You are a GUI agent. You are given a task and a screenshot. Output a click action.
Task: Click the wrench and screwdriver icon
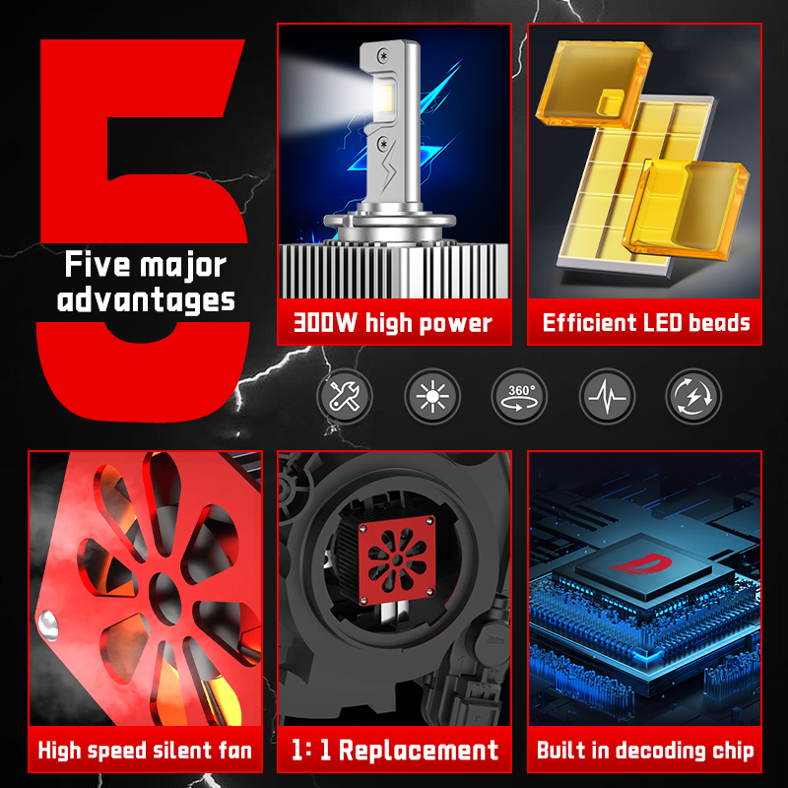(x=345, y=396)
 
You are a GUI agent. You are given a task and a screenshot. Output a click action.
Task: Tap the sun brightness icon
(x=432, y=396)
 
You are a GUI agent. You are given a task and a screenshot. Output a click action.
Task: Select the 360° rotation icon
(x=519, y=396)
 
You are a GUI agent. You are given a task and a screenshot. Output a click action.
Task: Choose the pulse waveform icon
(x=607, y=396)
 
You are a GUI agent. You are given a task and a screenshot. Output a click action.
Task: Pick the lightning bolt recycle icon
(x=693, y=396)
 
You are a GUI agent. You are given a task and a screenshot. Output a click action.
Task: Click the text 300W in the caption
(x=325, y=323)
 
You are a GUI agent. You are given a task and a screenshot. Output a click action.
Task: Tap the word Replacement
(x=419, y=751)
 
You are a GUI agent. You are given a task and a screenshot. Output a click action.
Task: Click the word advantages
(x=146, y=301)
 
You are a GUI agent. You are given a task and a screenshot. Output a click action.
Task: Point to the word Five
(x=98, y=265)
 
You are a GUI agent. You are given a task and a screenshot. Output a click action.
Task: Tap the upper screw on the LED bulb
(x=384, y=55)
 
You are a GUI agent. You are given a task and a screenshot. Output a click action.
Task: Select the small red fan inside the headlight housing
(x=397, y=558)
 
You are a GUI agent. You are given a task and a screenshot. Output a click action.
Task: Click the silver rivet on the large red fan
(x=48, y=625)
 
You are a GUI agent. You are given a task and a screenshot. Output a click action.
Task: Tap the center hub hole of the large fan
(x=164, y=599)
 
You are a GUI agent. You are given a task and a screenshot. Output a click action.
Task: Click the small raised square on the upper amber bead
(x=610, y=102)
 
